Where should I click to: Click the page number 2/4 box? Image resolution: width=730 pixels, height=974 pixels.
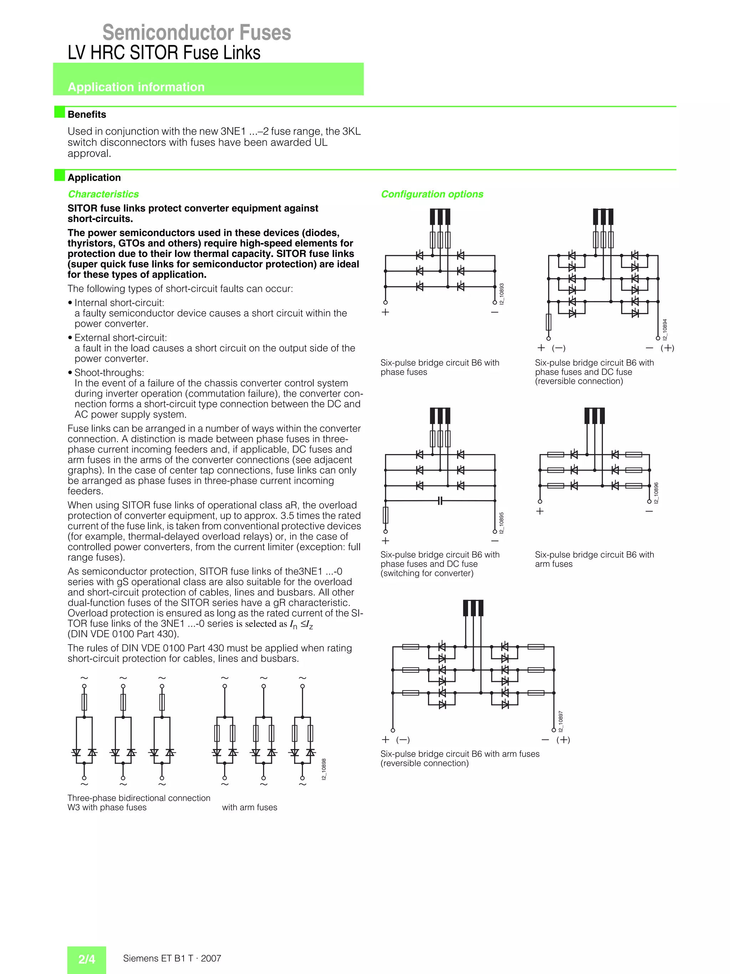(x=87, y=959)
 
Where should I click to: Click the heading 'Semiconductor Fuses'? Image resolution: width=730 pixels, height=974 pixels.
(x=196, y=32)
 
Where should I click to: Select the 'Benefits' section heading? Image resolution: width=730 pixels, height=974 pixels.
(x=87, y=114)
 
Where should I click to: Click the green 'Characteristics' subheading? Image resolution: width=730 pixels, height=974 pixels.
(x=103, y=194)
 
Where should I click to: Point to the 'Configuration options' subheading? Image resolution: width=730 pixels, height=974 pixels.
(x=432, y=194)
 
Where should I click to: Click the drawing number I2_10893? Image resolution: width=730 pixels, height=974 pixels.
(x=502, y=294)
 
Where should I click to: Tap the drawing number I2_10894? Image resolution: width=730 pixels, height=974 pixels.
(x=665, y=329)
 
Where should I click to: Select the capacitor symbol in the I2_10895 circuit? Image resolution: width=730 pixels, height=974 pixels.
(x=440, y=501)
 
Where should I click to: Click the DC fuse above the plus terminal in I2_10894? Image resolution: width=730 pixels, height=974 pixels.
(x=548, y=322)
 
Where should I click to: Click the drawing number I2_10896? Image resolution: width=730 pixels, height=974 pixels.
(x=656, y=493)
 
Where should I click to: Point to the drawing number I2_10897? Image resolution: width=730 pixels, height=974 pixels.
(x=560, y=721)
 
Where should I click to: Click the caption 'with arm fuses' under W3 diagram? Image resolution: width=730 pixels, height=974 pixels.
(x=249, y=807)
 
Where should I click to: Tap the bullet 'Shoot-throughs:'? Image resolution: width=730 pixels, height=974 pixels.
(x=109, y=372)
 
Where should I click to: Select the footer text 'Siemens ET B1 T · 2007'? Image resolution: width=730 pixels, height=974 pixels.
(x=172, y=958)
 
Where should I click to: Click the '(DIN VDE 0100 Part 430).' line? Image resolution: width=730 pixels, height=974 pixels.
(x=123, y=634)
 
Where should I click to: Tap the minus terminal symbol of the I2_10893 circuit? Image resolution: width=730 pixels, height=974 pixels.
(x=494, y=312)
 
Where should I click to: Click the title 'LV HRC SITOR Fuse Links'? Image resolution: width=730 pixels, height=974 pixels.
(x=164, y=53)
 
